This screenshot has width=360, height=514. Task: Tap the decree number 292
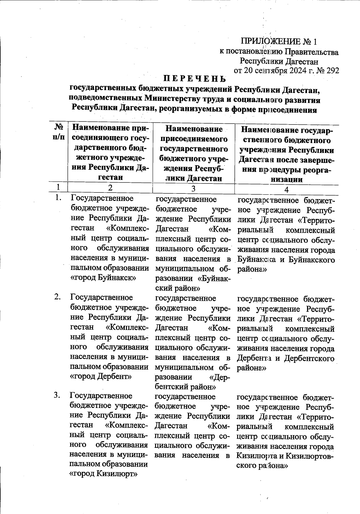pyautogui.click(x=332, y=70)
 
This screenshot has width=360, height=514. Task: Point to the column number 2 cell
pyautogui.click(x=110, y=188)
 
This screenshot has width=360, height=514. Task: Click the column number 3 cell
pyautogui.click(x=193, y=189)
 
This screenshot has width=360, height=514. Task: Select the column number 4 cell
pyautogui.click(x=286, y=190)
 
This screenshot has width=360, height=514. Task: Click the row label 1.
pyautogui.click(x=58, y=198)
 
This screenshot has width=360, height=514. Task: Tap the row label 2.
pyautogui.click(x=58, y=297)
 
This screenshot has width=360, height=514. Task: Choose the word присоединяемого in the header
pyautogui.click(x=194, y=139)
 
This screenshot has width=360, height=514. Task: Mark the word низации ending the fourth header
pyautogui.click(x=286, y=180)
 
